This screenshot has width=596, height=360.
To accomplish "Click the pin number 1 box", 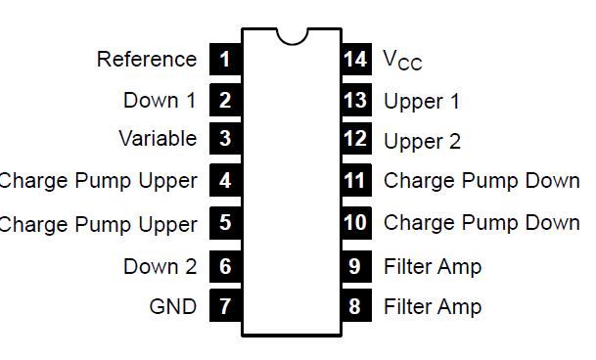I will [x=225, y=59].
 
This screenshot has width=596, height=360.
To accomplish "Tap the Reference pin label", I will [x=147, y=59].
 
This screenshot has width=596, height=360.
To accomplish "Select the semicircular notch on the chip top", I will [x=291, y=35].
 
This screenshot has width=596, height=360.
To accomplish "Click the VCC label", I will [x=402, y=61].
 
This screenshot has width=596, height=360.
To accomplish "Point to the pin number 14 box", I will [x=355, y=59].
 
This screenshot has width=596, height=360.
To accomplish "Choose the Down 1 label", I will [x=160, y=100].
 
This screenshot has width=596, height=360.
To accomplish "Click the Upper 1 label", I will [x=422, y=101].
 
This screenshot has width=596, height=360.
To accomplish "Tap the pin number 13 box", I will [x=355, y=100].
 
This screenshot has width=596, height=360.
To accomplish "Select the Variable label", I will [x=158, y=139].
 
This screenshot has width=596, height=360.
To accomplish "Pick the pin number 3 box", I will [x=225, y=139].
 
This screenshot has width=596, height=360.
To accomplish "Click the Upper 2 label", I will [x=422, y=141].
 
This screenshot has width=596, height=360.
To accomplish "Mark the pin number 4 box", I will [x=225, y=181].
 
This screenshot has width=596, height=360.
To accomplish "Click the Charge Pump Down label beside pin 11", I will [x=481, y=181].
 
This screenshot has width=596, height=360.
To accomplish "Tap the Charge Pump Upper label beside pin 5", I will [x=98, y=224].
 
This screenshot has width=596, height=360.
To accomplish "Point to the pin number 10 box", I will [x=355, y=223].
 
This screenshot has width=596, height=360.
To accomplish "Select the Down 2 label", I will [x=160, y=266].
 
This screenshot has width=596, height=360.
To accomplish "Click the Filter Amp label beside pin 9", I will [x=433, y=266].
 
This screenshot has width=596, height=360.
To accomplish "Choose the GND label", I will [x=172, y=306].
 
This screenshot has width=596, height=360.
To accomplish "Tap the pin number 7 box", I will [x=225, y=306].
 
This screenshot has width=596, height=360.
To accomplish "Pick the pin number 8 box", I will [x=355, y=306].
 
